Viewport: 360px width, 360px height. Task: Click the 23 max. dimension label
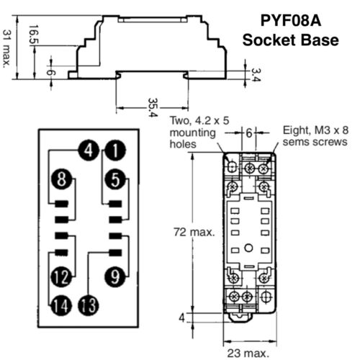click(249, 352)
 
